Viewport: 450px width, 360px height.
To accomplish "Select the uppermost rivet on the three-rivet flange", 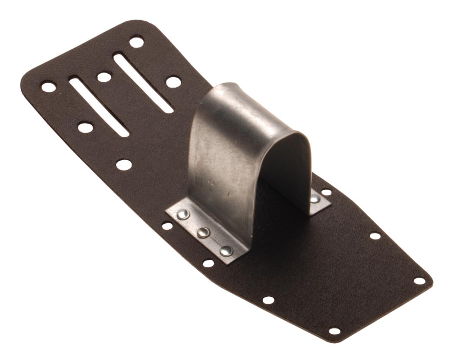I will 183,214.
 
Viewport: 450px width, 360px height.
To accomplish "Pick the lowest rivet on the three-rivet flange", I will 226,251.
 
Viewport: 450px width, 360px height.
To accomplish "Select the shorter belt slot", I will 99,107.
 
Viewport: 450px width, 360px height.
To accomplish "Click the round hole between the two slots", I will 104,77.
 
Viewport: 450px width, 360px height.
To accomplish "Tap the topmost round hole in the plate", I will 136,42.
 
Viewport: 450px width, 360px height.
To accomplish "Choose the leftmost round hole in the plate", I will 48,87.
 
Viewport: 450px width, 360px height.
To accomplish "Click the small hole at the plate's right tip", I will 420,281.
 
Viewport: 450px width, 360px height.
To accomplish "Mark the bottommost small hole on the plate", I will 334,331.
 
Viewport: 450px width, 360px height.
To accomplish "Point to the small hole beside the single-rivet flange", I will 327,192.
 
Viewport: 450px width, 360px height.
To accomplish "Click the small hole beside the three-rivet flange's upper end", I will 167,226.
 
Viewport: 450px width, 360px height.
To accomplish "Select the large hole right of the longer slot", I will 173,82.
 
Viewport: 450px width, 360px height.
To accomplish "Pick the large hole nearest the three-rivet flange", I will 124,164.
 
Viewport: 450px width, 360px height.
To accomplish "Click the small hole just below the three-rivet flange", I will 208,263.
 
